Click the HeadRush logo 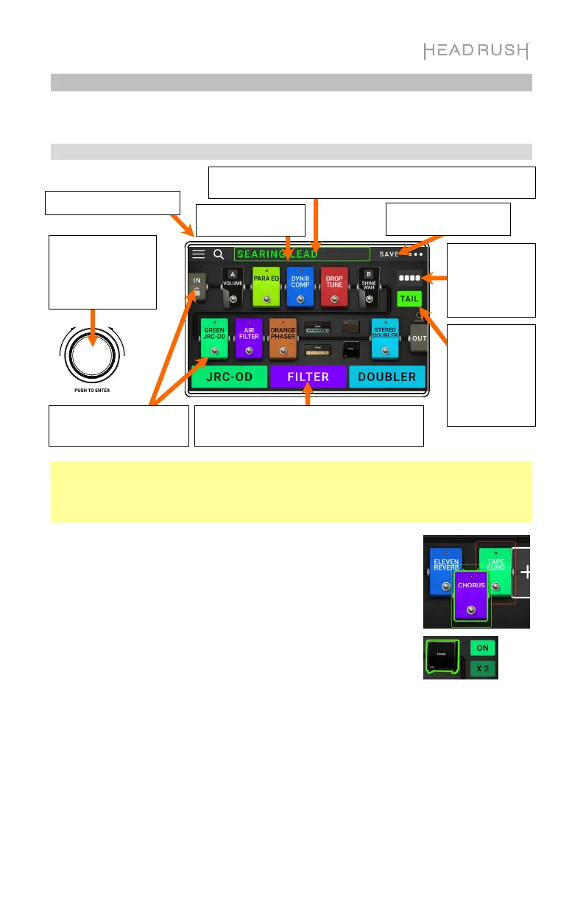(476, 51)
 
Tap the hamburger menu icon (199, 254)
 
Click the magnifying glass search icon (219, 254)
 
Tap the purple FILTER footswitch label (308, 377)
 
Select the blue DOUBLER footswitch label (386, 377)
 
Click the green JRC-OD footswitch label (229, 377)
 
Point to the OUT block (419, 338)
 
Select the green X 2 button (483, 669)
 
